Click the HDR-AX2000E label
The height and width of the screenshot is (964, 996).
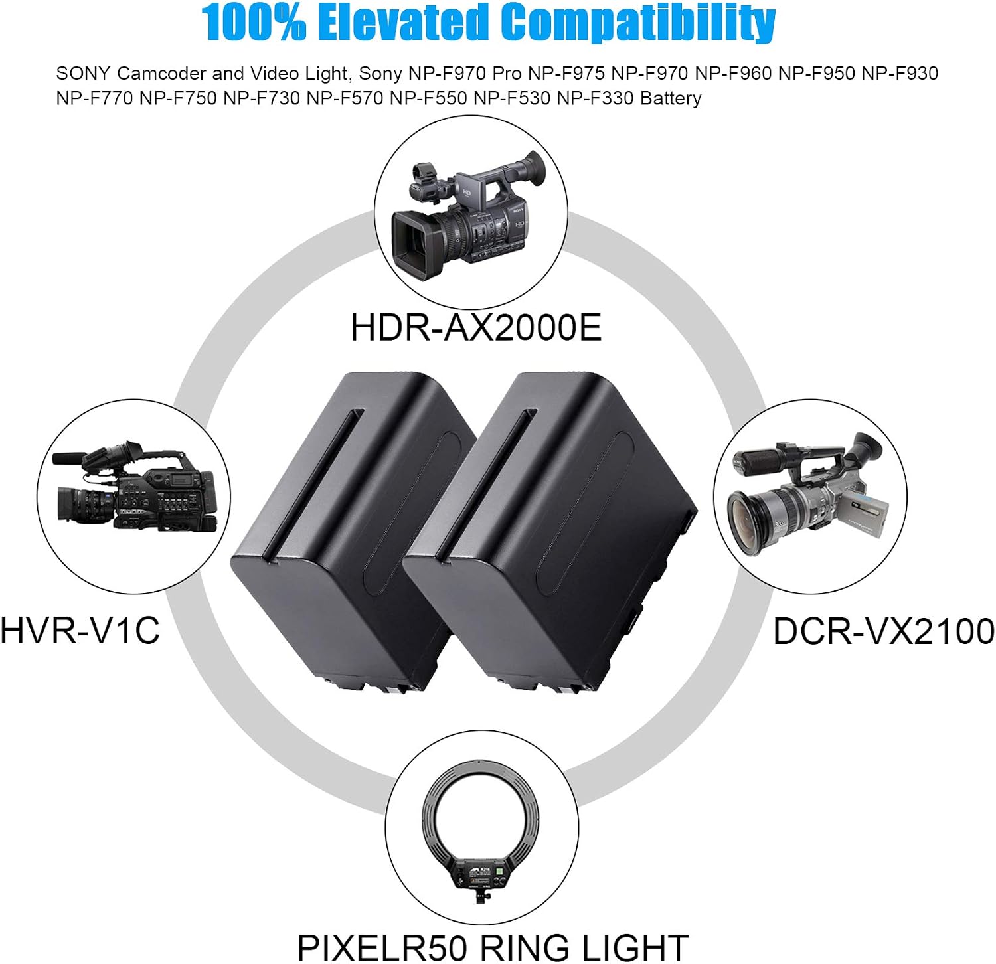[476, 327]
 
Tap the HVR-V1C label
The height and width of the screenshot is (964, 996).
[80, 630]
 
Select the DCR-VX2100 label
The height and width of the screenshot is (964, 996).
[884, 631]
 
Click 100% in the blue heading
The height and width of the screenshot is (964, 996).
[254, 22]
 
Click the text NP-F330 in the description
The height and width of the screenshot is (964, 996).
[595, 98]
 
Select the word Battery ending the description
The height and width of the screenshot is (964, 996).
[671, 99]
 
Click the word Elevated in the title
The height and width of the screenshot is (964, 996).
[402, 22]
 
